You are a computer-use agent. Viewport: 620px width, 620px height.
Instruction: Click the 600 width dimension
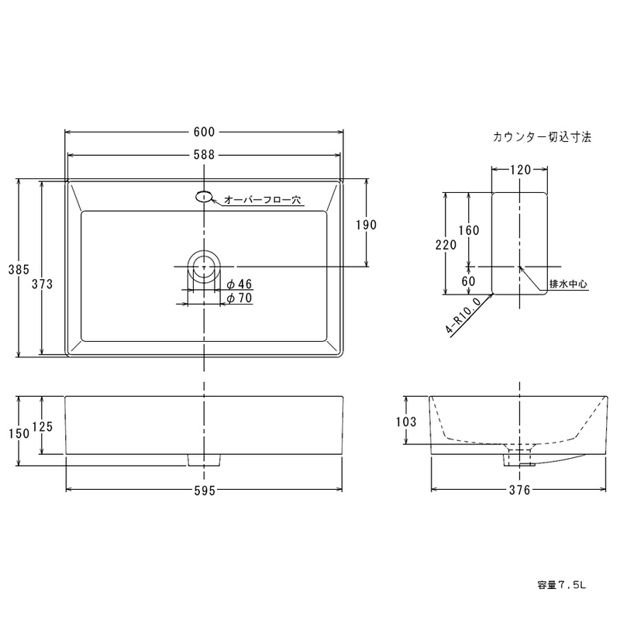[204, 132]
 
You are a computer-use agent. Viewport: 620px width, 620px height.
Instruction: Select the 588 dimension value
[204, 154]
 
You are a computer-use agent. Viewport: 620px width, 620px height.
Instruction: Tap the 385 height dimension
[19, 269]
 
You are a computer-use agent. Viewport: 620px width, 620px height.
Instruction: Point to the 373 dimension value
[43, 284]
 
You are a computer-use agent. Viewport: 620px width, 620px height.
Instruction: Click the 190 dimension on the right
[366, 225]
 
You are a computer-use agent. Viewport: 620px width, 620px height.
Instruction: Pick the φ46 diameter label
[239, 284]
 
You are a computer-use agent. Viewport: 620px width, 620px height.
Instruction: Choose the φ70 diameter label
[239, 298]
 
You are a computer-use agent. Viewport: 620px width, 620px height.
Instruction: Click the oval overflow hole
[204, 196]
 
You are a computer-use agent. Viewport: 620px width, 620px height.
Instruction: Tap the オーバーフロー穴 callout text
[263, 200]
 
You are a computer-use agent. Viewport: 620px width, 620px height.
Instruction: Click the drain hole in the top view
[204, 267]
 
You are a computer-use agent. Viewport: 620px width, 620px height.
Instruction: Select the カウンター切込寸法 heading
[542, 137]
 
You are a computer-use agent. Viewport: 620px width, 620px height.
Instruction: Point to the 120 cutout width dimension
[520, 170]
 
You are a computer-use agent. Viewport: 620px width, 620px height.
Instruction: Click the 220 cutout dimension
[446, 245]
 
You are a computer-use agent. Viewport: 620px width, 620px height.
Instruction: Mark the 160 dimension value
[469, 230]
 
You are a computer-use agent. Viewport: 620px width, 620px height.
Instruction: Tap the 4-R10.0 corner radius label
[463, 315]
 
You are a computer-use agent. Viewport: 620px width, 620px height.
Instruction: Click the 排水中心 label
[568, 284]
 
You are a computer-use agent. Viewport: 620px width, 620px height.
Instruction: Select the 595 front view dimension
[205, 491]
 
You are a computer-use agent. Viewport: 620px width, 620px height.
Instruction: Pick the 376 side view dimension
[519, 491]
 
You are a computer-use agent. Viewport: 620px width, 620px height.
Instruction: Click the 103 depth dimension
[406, 422]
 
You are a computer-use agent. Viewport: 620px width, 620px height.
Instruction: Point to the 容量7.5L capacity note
[562, 585]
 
